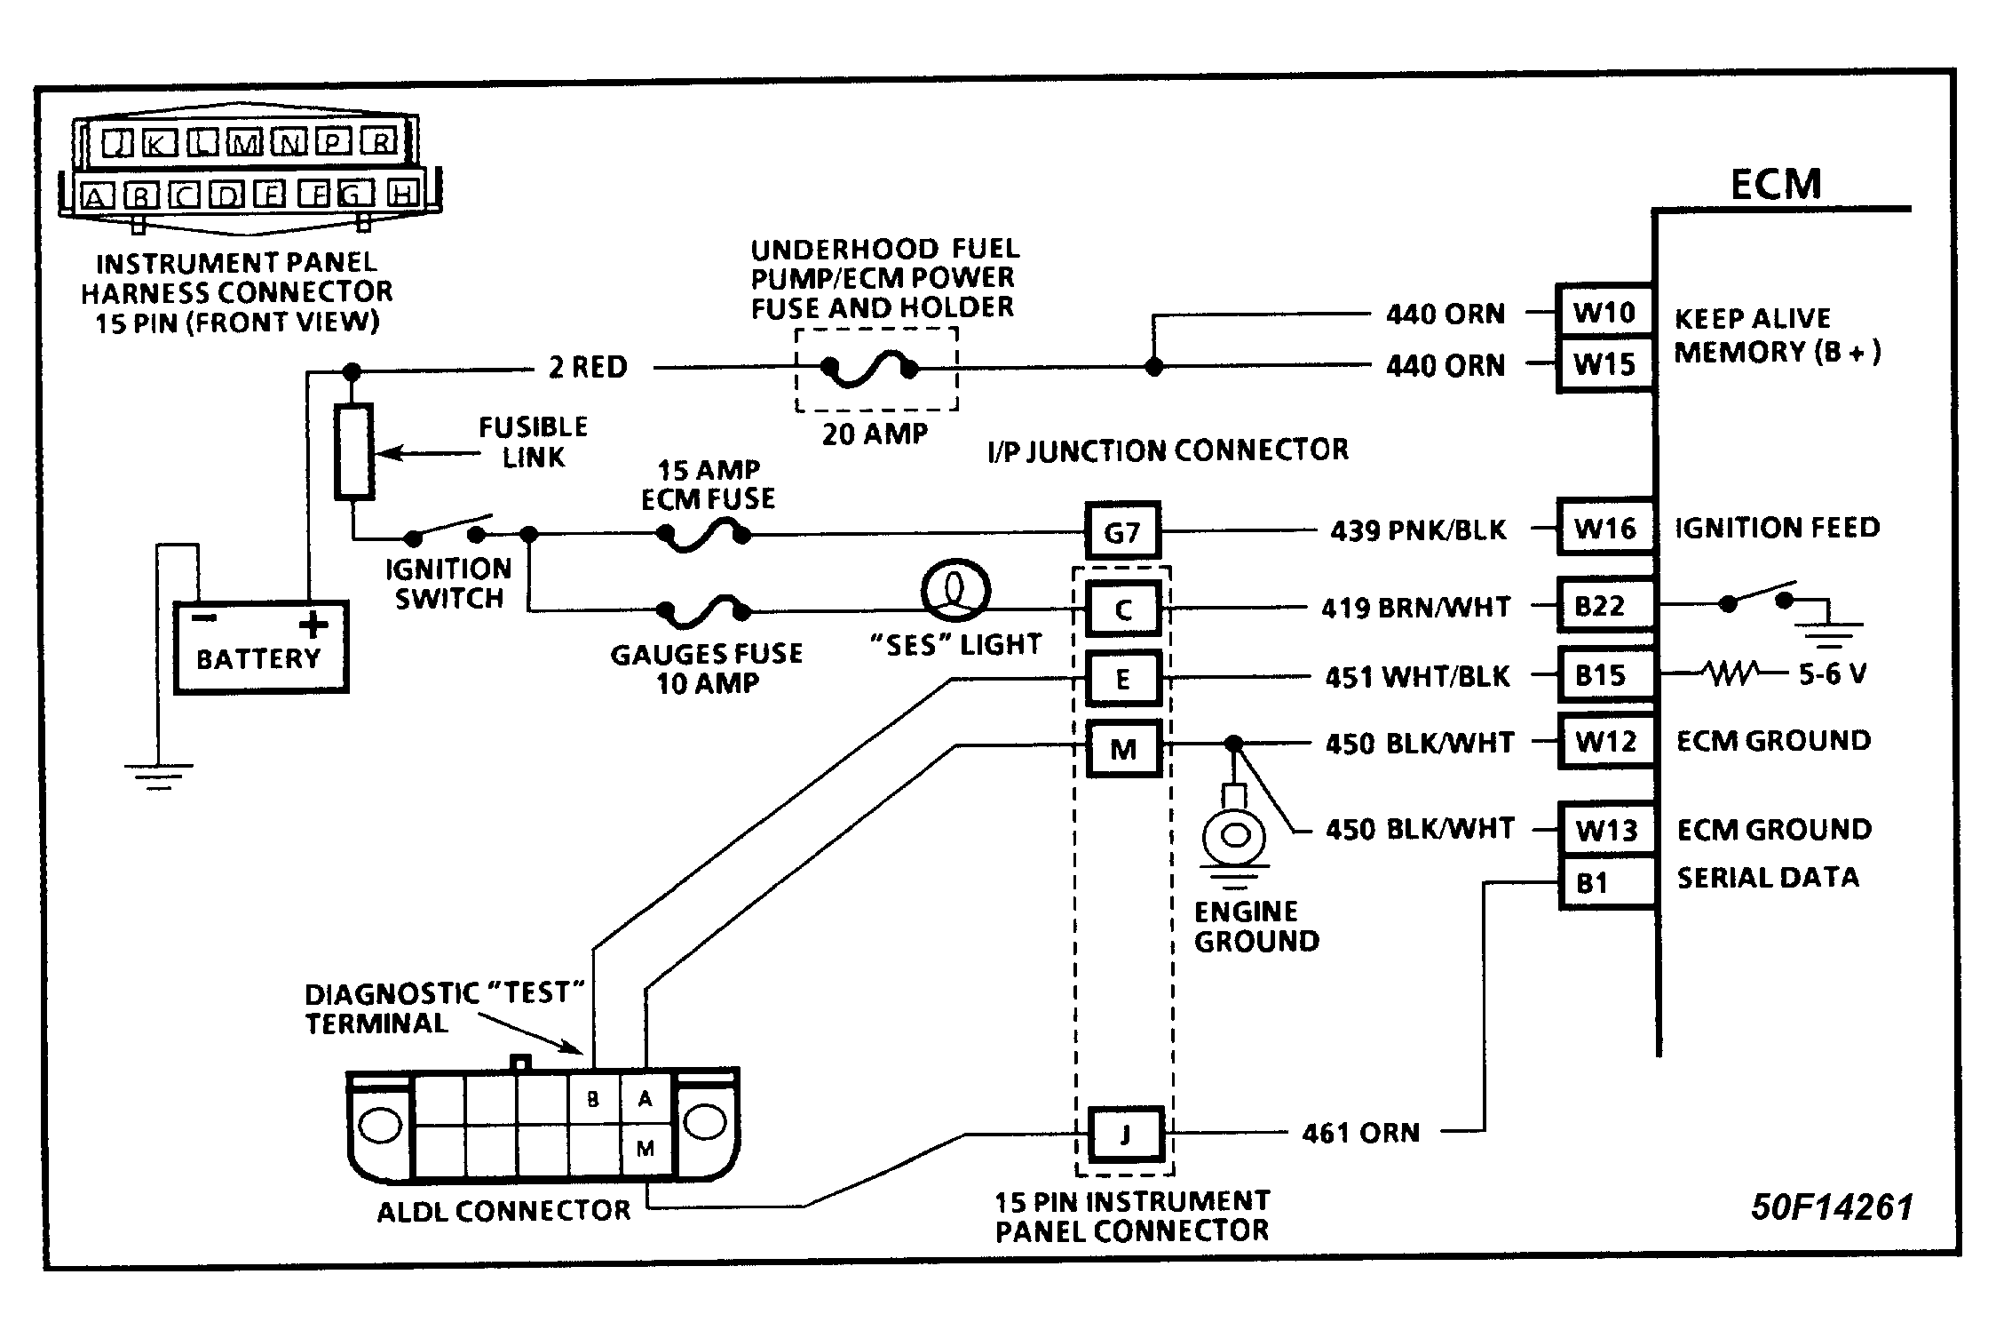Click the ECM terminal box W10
click(x=1604, y=311)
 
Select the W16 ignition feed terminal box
click(x=1606, y=529)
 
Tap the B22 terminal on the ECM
click(x=1606, y=606)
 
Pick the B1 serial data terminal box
click(x=1606, y=882)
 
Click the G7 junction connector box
click(x=1122, y=532)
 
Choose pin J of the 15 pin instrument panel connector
click(x=1126, y=1135)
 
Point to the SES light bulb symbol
click(x=955, y=590)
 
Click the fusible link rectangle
click(x=353, y=450)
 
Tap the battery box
click(x=260, y=647)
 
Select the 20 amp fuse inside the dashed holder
click(x=870, y=368)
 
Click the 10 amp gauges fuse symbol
click(x=703, y=610)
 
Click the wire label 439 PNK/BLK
click(x=1418, y=530)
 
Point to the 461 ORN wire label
click(x=1360, y=1133)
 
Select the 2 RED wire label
click(x=588, y=367)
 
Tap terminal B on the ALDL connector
click(x=593, y=1100)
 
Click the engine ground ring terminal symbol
click(x=1234, y=835)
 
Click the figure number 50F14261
click(x=1831, y=1207)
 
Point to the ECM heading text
click(x=1776, y=185)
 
